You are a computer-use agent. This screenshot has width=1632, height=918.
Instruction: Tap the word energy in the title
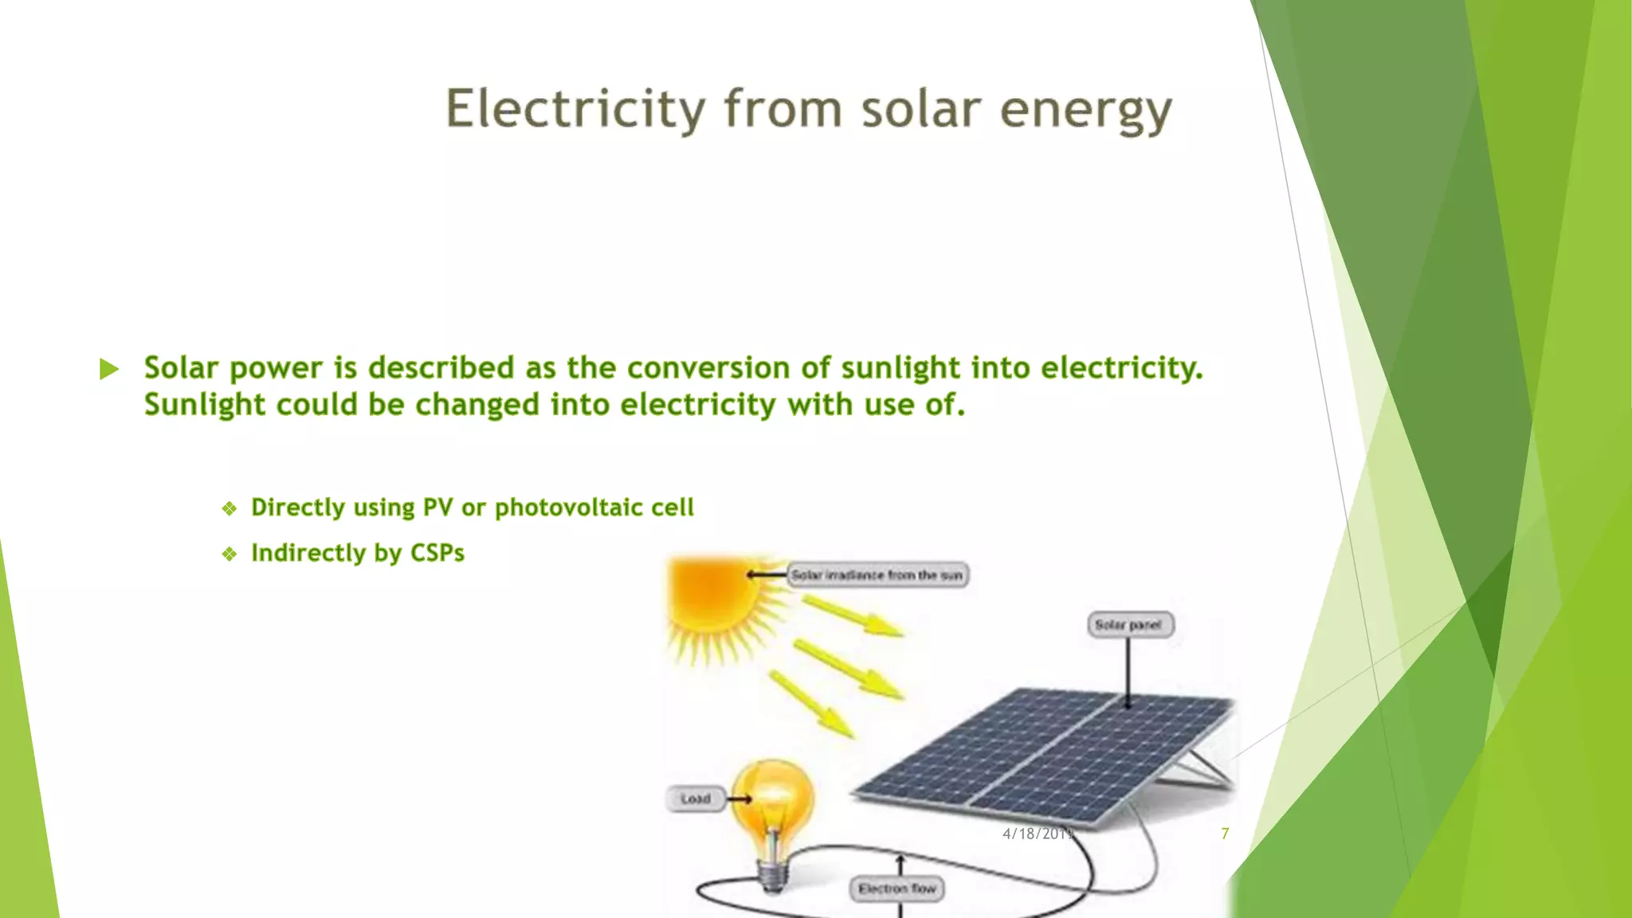pos(1085,111)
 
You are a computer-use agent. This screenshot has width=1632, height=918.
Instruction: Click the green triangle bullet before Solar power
pos(109,369)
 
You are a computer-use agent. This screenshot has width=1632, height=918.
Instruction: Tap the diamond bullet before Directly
pos(229,508)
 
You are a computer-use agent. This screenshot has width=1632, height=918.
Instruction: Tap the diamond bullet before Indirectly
pos(229,554)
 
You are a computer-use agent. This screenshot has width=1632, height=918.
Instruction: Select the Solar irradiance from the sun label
pos(877,575)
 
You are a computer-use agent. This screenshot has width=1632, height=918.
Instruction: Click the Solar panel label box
pos(1129,625)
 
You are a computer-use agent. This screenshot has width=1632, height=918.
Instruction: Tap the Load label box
pos(695,798)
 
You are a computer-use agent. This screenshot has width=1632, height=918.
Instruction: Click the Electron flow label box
pos(897,889)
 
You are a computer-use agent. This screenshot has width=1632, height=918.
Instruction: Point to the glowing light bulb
pos(773,801)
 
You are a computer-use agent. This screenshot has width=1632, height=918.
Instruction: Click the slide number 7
pos(1225,834)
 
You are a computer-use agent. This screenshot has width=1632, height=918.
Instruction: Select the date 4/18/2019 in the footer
pos(1038,834)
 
